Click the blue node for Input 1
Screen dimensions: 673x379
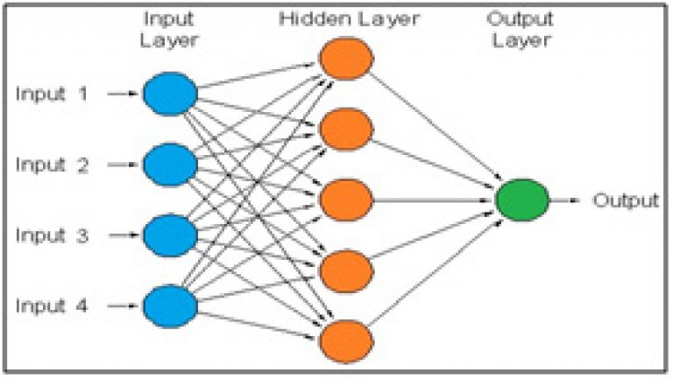(170, 94)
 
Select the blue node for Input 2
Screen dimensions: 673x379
(170, 165)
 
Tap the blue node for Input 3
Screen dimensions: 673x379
(170, 235)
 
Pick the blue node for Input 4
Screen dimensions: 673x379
(170, 306)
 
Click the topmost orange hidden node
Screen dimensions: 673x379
(346, 59)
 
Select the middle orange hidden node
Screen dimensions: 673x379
(346, 200)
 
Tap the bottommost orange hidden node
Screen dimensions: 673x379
(346, 341)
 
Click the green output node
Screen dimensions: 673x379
(522, 200)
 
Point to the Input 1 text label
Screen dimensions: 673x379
(52, 94)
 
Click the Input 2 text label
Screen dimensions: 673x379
(52, 165)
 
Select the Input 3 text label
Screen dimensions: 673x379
(52, 235)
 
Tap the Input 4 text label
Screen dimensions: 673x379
(52, 306)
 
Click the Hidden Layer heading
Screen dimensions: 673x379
(349, 18)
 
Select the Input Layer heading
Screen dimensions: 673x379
(169, 30)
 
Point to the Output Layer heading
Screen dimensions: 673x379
(521, 30)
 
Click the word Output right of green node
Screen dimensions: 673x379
(626, 200)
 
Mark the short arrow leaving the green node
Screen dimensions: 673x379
(565, 200)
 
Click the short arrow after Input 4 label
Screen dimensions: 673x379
(124, 306)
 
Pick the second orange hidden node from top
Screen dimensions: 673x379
(346, 130)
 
